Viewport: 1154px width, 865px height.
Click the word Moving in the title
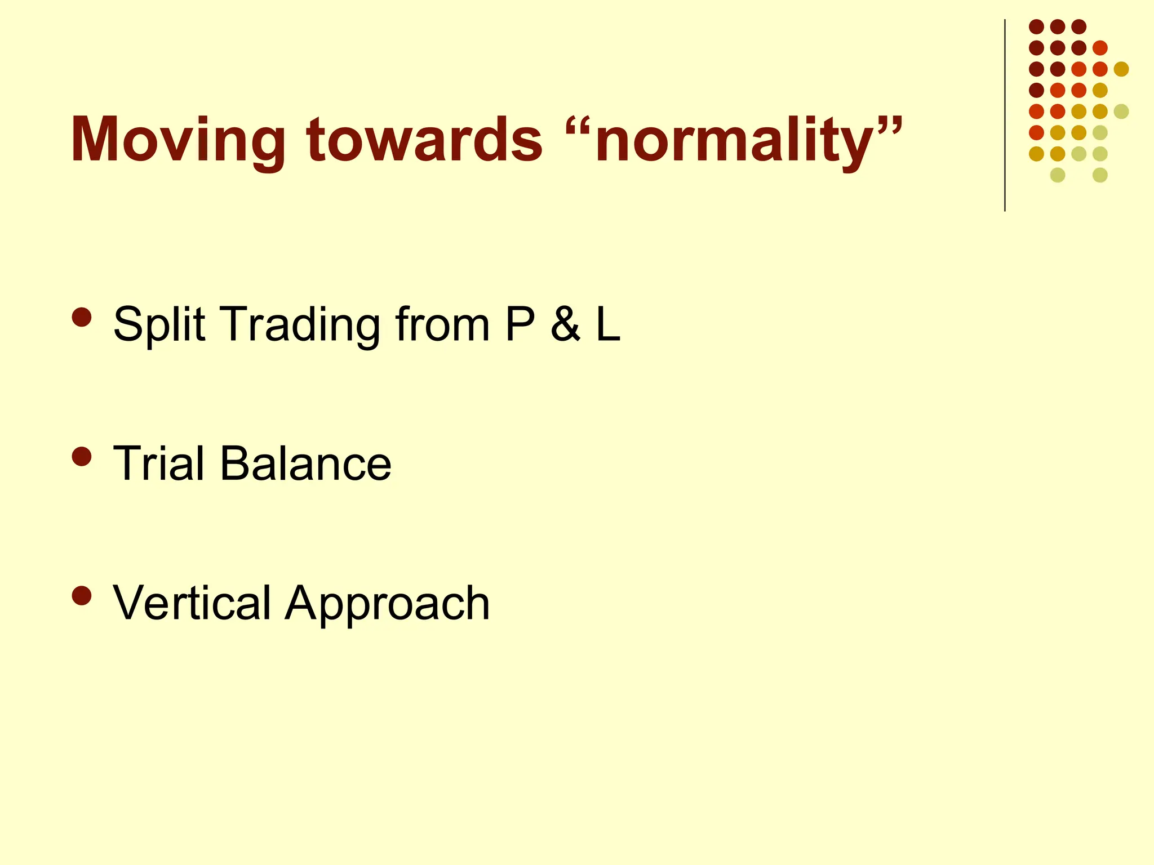[177, 140]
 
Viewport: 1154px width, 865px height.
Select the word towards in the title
[425, 140]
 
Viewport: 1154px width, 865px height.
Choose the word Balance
[305, 463]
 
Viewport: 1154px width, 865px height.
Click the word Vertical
[192, 603]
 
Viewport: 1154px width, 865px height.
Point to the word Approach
[387, 603]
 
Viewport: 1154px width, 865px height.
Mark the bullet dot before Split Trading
[82, 316]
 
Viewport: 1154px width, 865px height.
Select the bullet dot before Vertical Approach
[82, 595]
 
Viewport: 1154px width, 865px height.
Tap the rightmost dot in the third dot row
[1121, 69]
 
